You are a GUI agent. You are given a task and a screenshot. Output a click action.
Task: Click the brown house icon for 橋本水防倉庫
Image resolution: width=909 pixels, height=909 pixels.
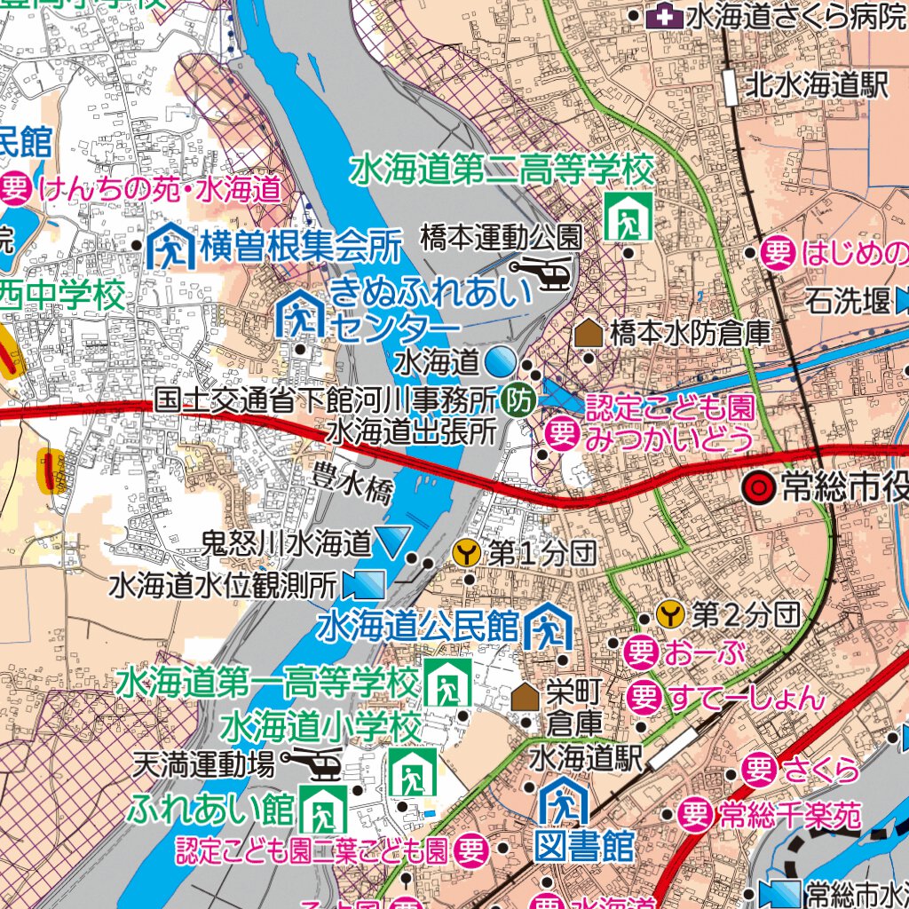coord(588,334)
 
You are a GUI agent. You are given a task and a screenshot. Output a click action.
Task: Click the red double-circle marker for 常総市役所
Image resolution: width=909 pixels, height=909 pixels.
coord(758,486)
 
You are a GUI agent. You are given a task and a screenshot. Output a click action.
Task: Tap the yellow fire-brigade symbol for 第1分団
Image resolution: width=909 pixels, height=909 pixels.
coord(467,554)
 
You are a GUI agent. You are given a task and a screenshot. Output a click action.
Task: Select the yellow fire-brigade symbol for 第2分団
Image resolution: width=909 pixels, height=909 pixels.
coord(670,613)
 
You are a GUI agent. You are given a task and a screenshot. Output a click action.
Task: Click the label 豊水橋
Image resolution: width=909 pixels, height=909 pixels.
coord(352,484)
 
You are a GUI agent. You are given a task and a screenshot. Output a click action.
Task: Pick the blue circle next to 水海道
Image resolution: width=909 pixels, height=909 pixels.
coord(500,360)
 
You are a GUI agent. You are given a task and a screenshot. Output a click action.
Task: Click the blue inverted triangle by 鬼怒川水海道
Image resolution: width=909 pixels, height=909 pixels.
coord(392,540)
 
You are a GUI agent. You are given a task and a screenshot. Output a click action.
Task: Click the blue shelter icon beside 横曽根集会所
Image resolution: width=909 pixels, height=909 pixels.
coord(170,248)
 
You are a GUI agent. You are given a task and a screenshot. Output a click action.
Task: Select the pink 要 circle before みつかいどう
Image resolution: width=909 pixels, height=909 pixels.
coord(562,434)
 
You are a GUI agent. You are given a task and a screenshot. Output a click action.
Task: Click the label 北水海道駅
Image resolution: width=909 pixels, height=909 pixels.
coord(817,85)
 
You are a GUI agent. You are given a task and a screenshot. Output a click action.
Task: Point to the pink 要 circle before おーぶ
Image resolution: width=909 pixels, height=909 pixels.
coord(641,652)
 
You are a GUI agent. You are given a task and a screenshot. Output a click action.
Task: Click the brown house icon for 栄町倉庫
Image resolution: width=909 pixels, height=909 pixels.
coord(525,697)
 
